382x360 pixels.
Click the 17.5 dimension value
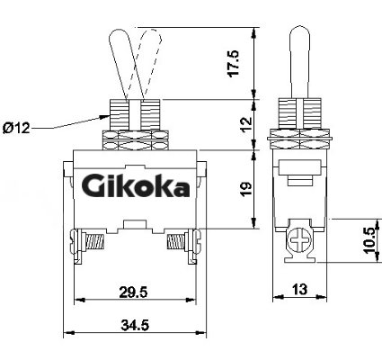click(234, 64)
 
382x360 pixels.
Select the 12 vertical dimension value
click(246, 124)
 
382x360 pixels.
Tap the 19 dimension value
click(246, 189)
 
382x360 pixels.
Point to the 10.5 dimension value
click(370, 240)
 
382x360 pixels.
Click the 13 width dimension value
click(299, 289)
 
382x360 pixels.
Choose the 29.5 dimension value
click(134, 292)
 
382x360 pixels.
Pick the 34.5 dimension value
click(135, 325)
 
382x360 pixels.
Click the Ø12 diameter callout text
click(16, 129)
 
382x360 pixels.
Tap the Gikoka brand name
click(136, 185)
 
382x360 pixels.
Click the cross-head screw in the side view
click(299, 240)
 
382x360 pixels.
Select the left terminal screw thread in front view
click(95, 242)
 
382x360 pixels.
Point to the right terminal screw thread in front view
click(175, 242)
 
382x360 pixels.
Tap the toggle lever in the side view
click(299, 62)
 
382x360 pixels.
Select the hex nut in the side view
click(299, 139)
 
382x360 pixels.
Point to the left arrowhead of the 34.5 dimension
click(69, 332)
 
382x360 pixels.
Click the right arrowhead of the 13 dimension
click(322, 297)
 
